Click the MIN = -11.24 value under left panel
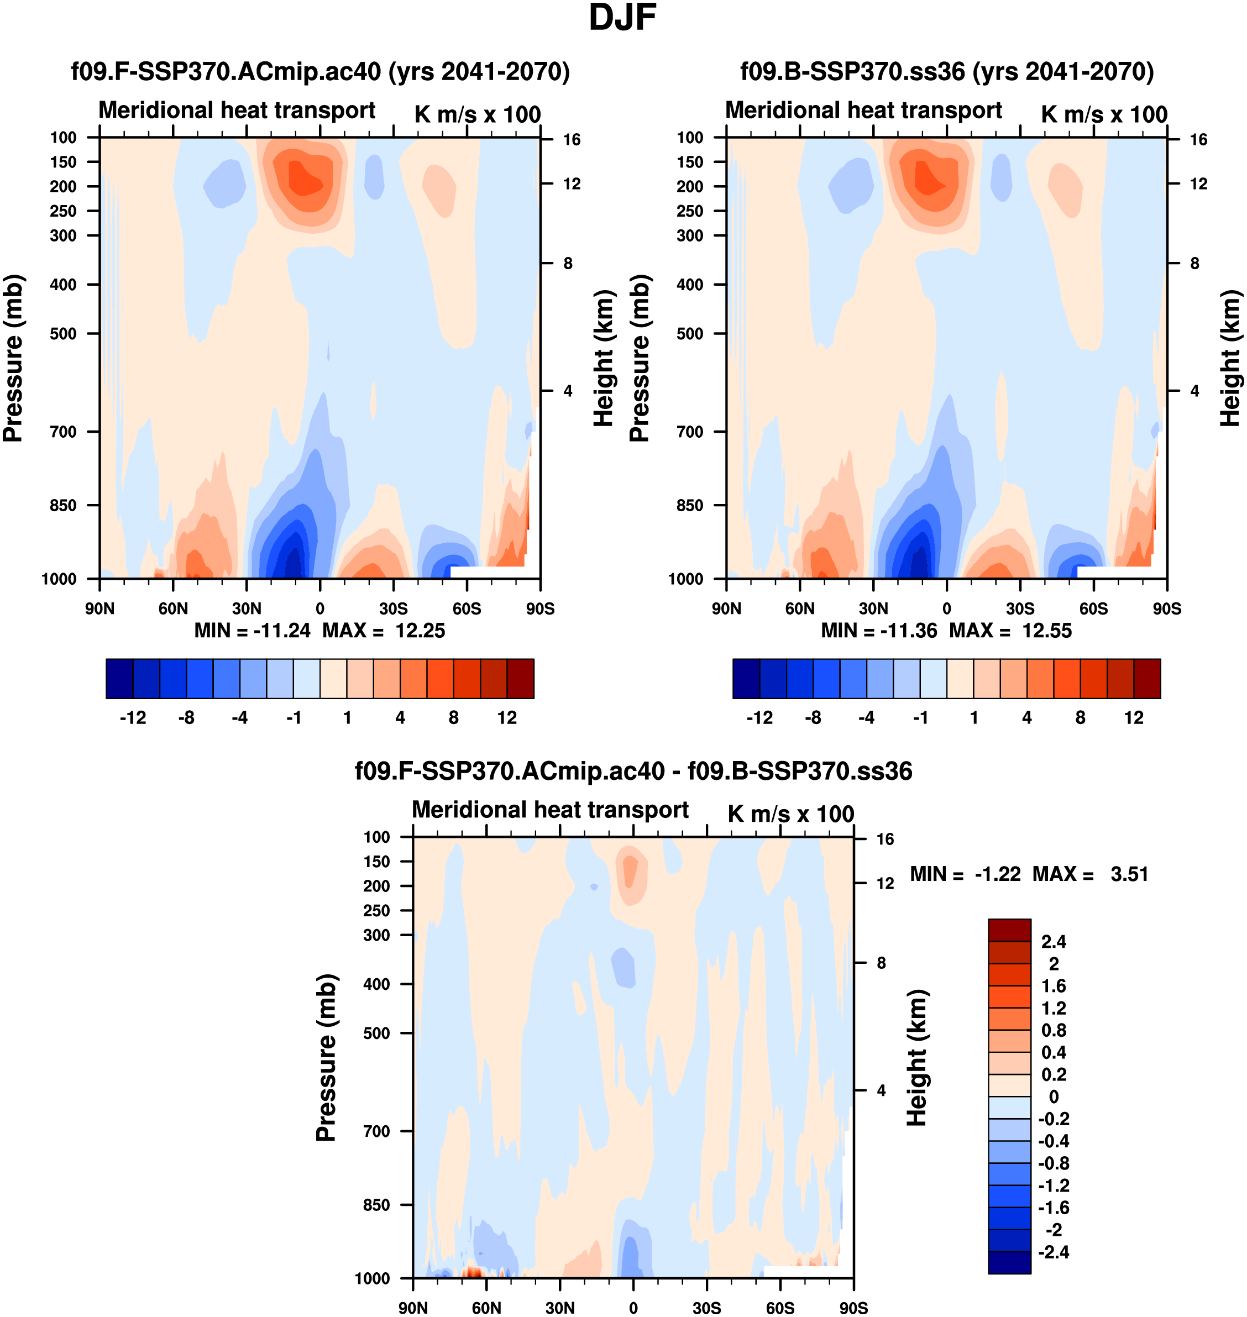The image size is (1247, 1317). point(252,631)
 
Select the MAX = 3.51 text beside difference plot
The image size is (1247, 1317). point(1090,874)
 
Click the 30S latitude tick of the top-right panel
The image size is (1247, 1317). point(1020,608)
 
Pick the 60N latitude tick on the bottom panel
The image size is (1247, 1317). point(486,1308)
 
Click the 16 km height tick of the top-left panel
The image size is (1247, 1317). point(572,139)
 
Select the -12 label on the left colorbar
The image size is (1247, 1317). point(133,718)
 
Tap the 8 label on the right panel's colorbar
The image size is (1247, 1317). point(1080,718)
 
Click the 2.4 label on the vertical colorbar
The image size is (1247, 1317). point(1054,942)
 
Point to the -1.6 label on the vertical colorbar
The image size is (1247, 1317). point(1054,1208)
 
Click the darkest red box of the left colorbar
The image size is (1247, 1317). point(521,679)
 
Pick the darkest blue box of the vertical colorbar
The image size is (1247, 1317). point(1009,1262)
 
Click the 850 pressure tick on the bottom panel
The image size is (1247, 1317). point(376,1205)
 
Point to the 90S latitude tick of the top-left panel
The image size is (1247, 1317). point(539,608)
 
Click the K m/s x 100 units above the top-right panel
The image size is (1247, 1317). point(1104,114)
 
